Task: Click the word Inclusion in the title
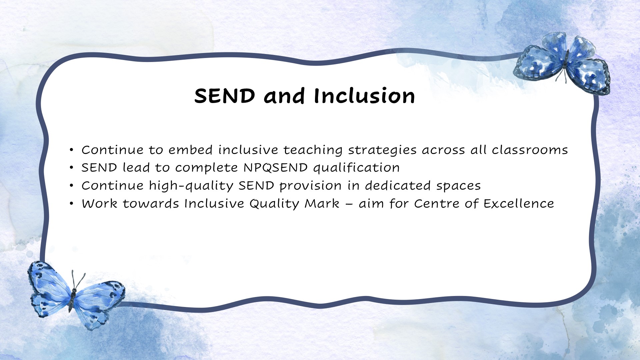pyautogui.click(x=364, y=96)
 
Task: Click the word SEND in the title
pyautogui.click(x=225, y=96)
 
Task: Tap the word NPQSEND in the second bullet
pyautogui.click(x=276, y=168)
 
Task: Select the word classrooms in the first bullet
pyautogui.click(x=530, y=150)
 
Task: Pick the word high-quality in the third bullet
pyautogui.click(x=191, y=186)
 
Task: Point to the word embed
pyautogui.click(x=190, y=150)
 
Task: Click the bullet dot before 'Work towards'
pyautogui.click(x=71, y=204)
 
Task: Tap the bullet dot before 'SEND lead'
pyautogui.click(x=71, y=168)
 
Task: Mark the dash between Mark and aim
pyautogui.click(x=349, y=204)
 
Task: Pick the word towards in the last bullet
pyautogui.click(x=151, y=204)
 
